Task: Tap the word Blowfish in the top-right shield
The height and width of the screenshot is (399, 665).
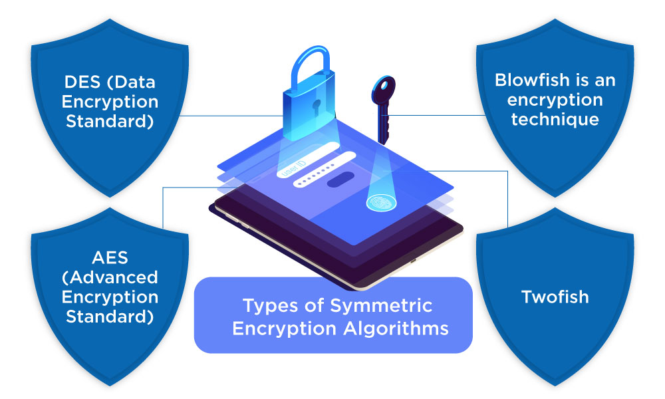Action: tap(528, 81)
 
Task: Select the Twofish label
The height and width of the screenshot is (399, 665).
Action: tap(555, 296)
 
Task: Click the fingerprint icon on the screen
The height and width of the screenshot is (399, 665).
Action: tap(380, 201)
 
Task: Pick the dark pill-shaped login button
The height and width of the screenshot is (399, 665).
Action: tap(340, 180)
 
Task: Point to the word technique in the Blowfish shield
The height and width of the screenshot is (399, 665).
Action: tap(555, 119)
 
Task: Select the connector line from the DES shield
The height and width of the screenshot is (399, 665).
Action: tap(226, 115)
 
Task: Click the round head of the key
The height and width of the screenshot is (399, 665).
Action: tap(384, 88)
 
